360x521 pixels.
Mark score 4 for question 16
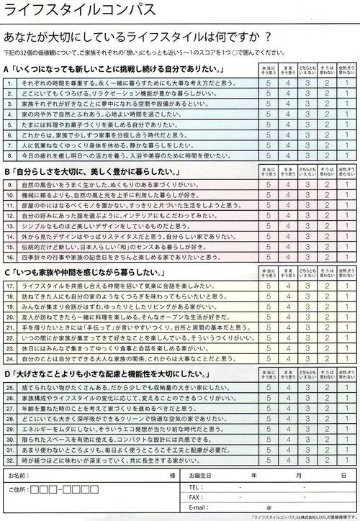[287, 256]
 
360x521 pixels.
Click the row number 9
[9, 185]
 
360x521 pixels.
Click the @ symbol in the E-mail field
[268, 507]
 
